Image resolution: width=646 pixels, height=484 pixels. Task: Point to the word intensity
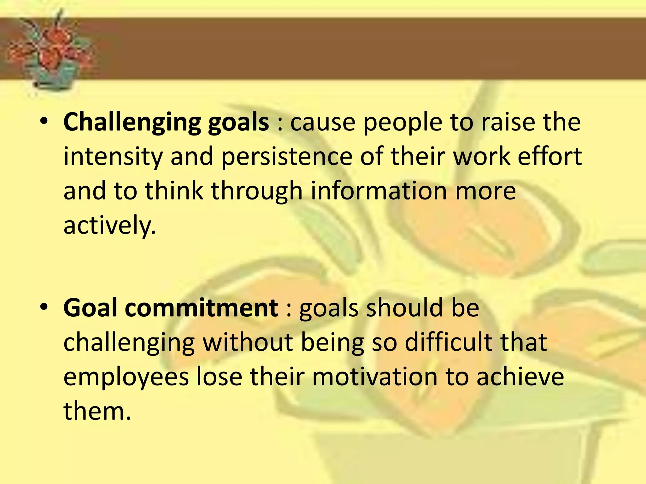(x=113, y=157)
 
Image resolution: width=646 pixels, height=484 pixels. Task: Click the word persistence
(x=286, y=157)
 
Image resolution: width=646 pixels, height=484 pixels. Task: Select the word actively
(x=109, y=226)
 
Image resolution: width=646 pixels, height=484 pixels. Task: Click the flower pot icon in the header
(x=52, y=50)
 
